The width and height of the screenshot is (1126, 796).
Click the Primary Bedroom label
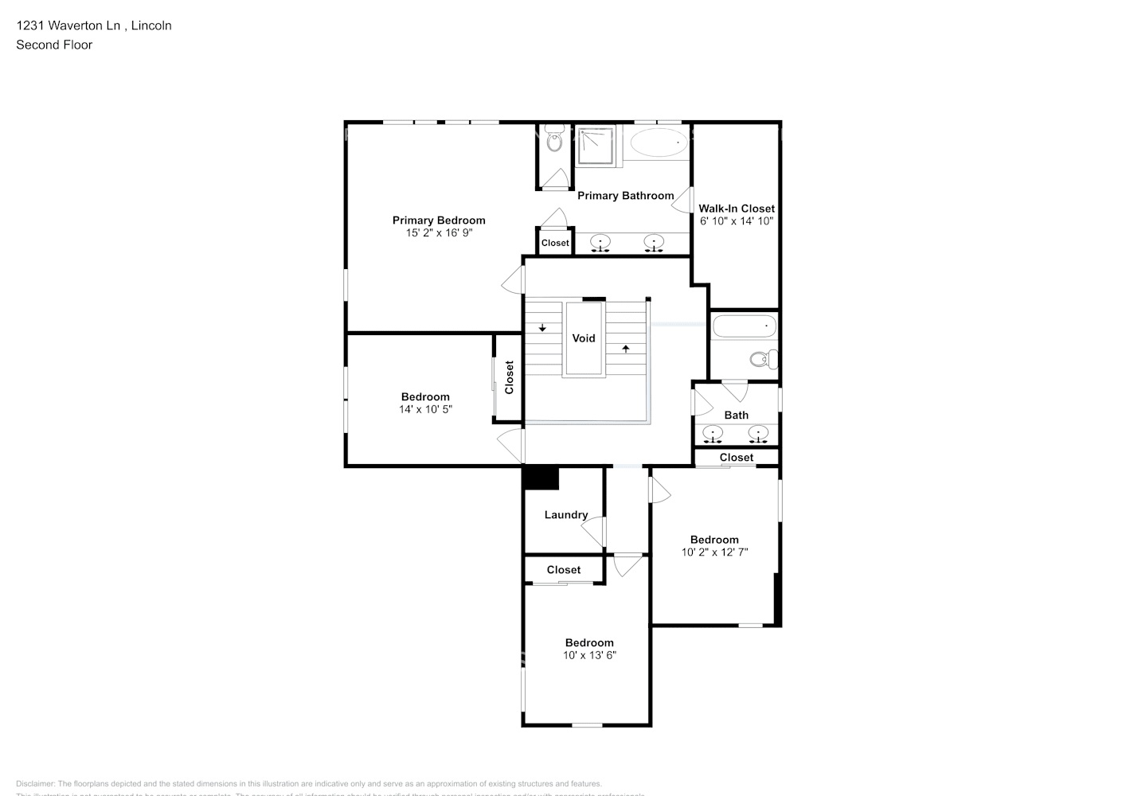[438, 220]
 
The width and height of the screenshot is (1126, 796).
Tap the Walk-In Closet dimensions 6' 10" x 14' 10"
[736, 221]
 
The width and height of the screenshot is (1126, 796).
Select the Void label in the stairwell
[584, 338]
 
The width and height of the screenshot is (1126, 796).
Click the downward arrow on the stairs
[542, 327]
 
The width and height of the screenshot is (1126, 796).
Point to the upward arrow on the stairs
[626, 348]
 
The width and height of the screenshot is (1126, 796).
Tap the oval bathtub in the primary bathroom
[659, 144]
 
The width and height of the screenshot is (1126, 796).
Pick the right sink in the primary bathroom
[654, 242]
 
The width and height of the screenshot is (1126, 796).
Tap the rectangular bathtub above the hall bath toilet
[744, 326]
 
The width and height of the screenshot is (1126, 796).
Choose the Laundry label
[566, 515]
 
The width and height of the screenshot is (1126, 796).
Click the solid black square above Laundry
[541, 478]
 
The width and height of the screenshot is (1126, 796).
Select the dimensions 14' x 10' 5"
[425, 409]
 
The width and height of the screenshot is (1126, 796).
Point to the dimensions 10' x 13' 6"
[589, 655]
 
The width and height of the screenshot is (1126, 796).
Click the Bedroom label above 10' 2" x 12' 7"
[714, 540]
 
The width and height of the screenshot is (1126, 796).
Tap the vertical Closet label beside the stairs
[509, 377]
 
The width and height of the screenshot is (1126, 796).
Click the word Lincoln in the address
[151, 25]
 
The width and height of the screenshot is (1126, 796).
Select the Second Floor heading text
[54, 45]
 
